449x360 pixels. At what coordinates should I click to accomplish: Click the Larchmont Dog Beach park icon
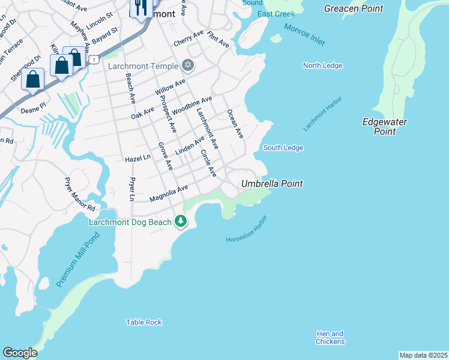point(181,221)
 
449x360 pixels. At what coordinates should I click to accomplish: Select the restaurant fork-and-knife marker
point(140,8)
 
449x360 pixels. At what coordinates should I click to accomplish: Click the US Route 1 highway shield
point(94,59)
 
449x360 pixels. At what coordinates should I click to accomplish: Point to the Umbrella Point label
point(272,184)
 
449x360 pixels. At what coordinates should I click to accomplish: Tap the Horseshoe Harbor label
point(246,229)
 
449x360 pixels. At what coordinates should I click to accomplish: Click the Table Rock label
point(144,322)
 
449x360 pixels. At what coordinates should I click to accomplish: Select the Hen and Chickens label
point(330,338)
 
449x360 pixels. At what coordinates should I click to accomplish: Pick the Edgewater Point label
point(385,127)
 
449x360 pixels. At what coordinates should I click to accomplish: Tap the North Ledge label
point(322,65)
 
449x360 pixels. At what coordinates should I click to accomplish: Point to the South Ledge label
point(283,148)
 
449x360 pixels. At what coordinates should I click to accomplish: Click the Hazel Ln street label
point(137,158)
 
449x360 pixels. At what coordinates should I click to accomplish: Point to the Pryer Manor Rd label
point(80,194)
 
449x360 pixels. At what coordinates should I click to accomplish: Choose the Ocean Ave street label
point(235,124)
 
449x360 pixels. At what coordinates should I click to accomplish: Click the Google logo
point(20,353)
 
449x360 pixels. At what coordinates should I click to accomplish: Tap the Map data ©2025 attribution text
point(423,355)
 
